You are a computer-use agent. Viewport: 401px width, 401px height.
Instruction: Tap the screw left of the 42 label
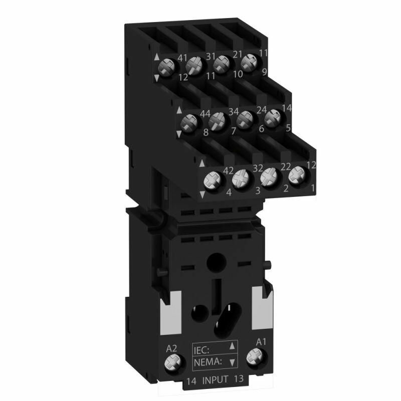(x=211, y=179)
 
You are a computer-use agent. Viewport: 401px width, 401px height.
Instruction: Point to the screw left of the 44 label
(x=189, y=122)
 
